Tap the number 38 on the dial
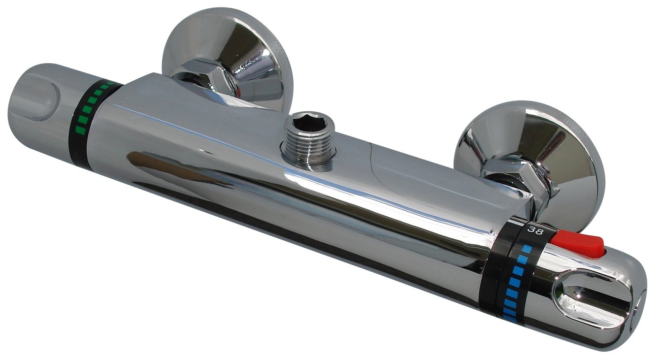534,230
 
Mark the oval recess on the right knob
591,298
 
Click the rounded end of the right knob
635,315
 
